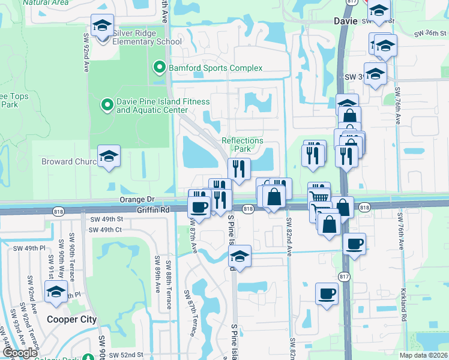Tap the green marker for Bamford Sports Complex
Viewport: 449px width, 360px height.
159,67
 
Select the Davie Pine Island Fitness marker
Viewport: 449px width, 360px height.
107,106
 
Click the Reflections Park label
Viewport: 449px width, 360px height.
243,145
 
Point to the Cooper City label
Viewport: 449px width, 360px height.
72,320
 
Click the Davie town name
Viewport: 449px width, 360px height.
345,20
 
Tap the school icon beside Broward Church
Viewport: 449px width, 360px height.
108,157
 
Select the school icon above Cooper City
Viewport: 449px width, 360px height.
56,292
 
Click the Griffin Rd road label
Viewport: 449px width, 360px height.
154,209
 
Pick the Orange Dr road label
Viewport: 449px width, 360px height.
137,199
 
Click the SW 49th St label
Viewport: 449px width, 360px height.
106,220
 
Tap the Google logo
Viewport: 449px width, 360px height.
20,353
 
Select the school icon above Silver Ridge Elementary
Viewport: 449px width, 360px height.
103,26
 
